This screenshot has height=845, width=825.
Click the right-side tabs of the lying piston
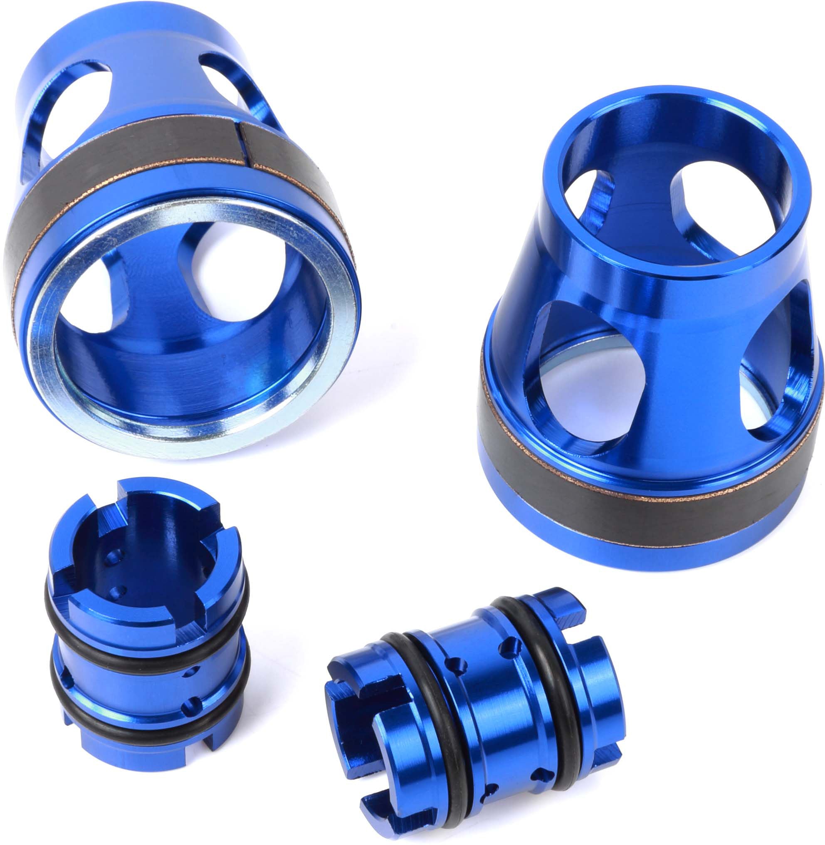pos(602,676)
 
